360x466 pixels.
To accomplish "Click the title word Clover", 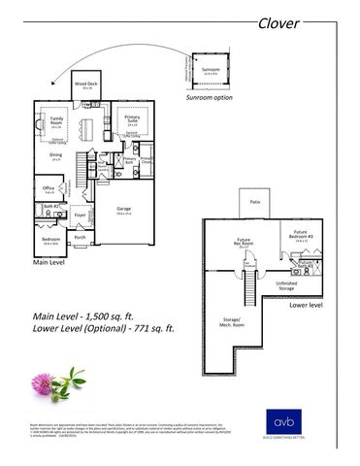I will pyautogui.click(x=279, y=23).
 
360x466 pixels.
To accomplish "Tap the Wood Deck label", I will pyautogui.click(x=86, y=85).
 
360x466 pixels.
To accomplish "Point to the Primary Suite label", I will pyautogui.click(x=132, y=119).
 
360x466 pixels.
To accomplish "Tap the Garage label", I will pyautogui.click(x=123, y=209).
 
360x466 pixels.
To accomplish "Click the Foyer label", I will pyautogui.click(x=82, y=217).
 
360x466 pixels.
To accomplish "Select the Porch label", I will pyautogui.click(x=80, y=237).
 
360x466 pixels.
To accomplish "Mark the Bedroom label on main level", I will pyautogui.click(x=49, y=240).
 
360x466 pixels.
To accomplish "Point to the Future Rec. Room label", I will pyautogui.click(x=244, y=243).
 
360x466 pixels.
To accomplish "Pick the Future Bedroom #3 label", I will pyautogui.click(x=301, y=234).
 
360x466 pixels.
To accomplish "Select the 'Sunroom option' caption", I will pyautogui.click(x=210, y=98).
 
